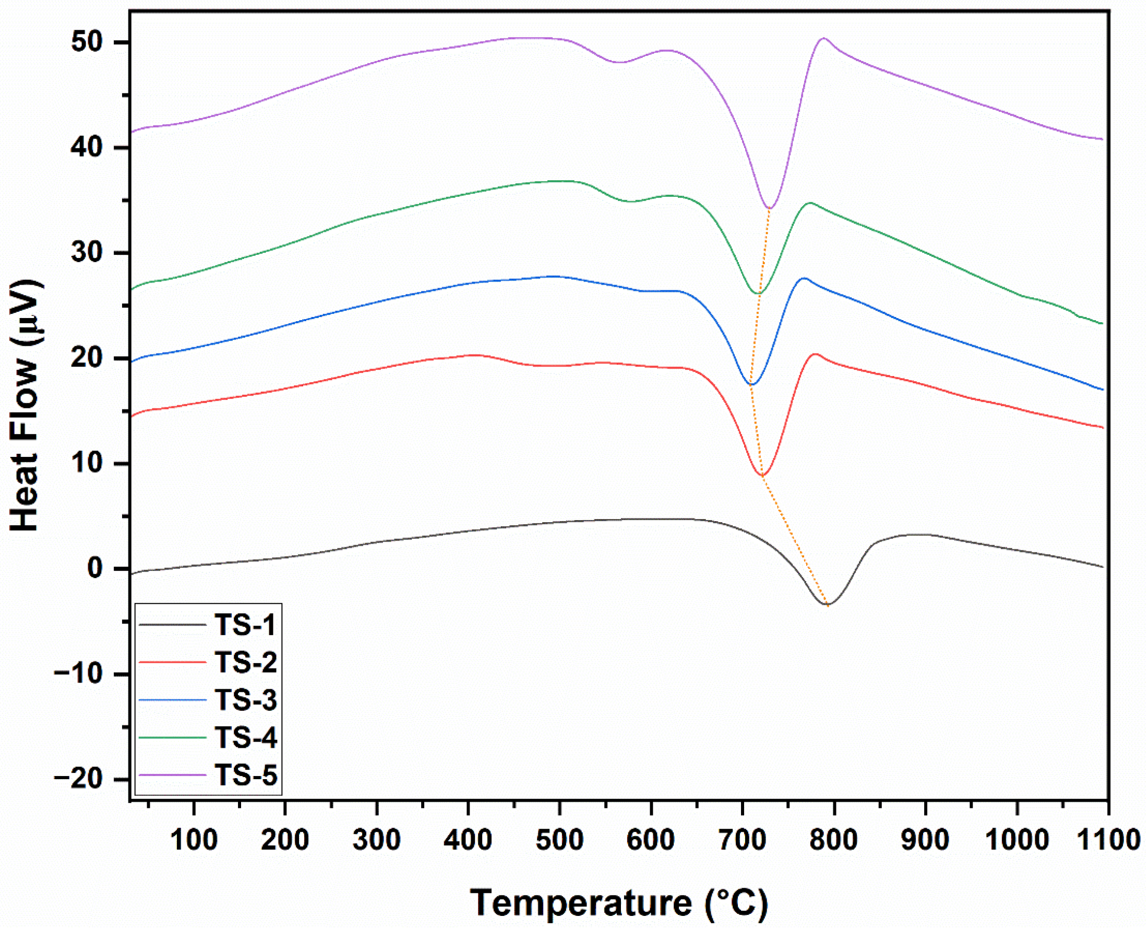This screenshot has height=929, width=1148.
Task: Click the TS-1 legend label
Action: (245, 625)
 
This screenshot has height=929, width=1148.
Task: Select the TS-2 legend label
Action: (246, 663)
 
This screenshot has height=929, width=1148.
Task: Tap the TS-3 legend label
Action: (246, 700)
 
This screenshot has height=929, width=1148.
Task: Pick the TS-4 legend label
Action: (246, 737)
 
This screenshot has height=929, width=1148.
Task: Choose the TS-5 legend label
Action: (246, 775)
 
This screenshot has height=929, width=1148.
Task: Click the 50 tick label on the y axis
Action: (87, 42)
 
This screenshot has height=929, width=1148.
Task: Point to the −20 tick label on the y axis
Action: (79, 779)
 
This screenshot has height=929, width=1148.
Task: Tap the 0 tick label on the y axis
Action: (95, 568)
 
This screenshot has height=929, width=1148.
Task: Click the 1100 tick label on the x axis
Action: (1108, 840)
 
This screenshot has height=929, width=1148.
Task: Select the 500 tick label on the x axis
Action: (559, 840)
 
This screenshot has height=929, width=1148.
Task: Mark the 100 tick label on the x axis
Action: (194, 840)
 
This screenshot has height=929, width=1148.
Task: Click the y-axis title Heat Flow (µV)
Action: (25, 405)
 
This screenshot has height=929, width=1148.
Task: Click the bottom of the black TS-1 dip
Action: (827, 605)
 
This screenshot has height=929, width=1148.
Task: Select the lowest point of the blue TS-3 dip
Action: (752, 384)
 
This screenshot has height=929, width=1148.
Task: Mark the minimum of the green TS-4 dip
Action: (759, 293)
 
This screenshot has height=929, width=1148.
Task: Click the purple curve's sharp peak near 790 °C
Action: (824, 38)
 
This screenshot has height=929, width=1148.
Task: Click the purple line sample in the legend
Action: (172, 775)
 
